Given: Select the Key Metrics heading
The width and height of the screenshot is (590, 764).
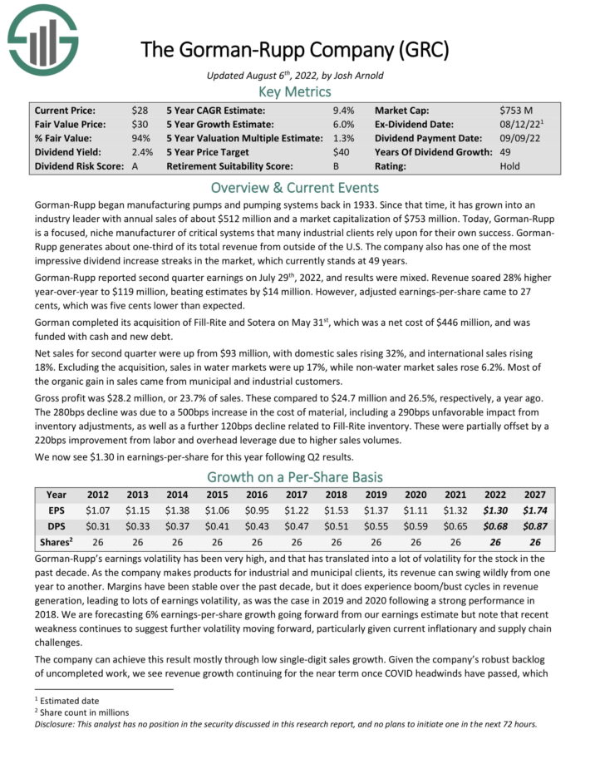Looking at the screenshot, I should [x=295, y=91].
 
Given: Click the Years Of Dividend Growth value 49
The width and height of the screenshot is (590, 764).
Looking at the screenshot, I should [x=506, y=152].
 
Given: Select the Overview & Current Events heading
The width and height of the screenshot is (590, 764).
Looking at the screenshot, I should [x=295, y=187].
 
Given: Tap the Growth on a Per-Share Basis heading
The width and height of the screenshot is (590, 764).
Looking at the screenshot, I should [x=295, y=478].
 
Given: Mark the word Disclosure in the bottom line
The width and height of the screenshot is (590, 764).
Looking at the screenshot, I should [x=55, y=723].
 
